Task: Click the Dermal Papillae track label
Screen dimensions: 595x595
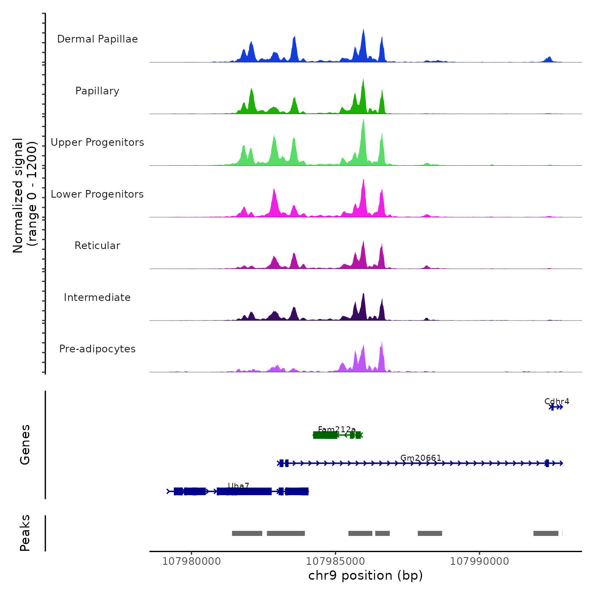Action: point(97,39)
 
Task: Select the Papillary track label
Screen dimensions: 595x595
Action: point(97,91)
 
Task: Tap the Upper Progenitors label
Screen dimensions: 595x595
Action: point(97,142)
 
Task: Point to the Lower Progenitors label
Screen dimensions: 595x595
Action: point(97,194)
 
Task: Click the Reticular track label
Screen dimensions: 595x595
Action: point(97,246)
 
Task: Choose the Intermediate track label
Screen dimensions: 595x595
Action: point(97,297)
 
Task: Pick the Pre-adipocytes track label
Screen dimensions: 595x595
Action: point(97,349)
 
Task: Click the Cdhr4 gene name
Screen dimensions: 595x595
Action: point(557,401)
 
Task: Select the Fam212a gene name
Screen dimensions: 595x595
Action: point(337,429)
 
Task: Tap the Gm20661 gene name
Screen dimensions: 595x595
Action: point(421,458)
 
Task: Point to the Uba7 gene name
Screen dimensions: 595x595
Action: point(238,486)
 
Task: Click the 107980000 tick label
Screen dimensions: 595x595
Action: point(192,561)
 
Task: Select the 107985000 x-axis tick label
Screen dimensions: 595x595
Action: point(335,561)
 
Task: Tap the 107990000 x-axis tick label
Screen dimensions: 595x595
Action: point(479,561)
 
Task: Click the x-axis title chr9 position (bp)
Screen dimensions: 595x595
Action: point(365,575)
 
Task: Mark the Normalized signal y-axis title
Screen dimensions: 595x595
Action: point(25,195)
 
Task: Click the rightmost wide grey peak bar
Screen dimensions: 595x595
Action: point(546,533)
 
